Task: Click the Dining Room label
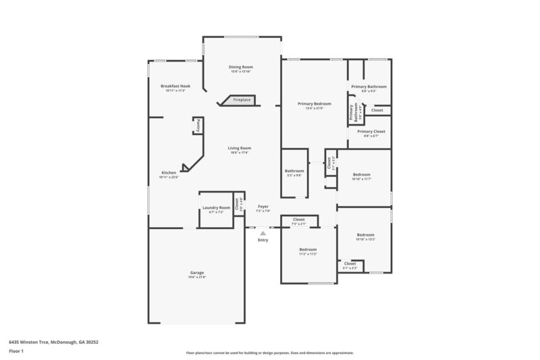(240, 68)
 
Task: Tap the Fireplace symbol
(240, 101)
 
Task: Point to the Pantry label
(198, 126)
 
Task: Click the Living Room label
(239, 149)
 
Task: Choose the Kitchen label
(168, 172)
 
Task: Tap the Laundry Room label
(216, 209)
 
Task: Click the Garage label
(196, 273)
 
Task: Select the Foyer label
(263, 207)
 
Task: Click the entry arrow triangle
(263, 234)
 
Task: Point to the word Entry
(263, 240)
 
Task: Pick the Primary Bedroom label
(314, 103)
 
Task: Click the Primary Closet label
(371, 132)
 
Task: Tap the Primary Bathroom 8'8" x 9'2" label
(369, 86)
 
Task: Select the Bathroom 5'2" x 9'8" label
(294, 172)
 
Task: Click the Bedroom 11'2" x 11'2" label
(308, 250)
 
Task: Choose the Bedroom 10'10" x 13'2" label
(365, 235)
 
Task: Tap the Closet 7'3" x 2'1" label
(298, 220)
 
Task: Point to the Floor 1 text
(16, 351)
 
